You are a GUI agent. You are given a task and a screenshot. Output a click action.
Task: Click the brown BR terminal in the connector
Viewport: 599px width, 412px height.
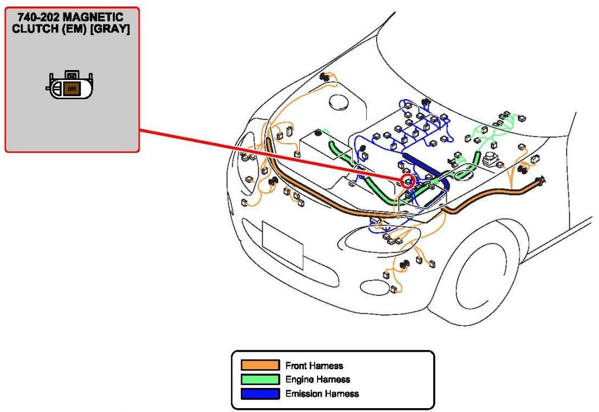(70, 88)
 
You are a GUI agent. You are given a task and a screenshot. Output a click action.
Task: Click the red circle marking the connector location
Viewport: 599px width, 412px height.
(408, 181)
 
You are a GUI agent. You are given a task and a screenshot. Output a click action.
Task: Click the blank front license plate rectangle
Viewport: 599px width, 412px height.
(283, 245)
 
